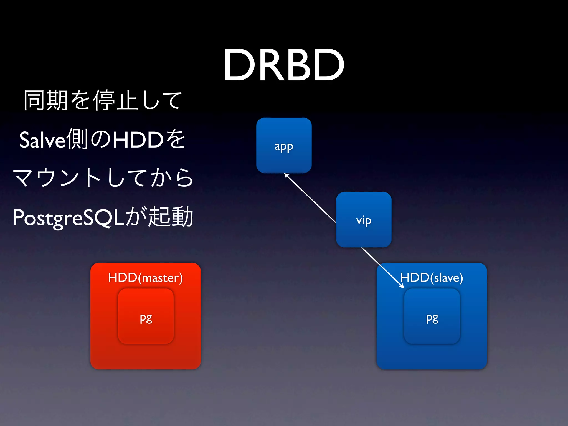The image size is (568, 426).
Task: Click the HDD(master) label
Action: tap(145, 278)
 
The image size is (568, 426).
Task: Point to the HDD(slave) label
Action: tap(432, 278)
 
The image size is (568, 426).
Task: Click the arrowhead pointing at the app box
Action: tap(287, 176)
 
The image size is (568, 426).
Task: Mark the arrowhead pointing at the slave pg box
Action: tap(402, 286)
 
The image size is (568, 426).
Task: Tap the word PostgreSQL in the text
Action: tap(68, 218)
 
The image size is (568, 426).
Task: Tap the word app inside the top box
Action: tap(284, 146)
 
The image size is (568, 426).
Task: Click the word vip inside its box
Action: tap(364, 220)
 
